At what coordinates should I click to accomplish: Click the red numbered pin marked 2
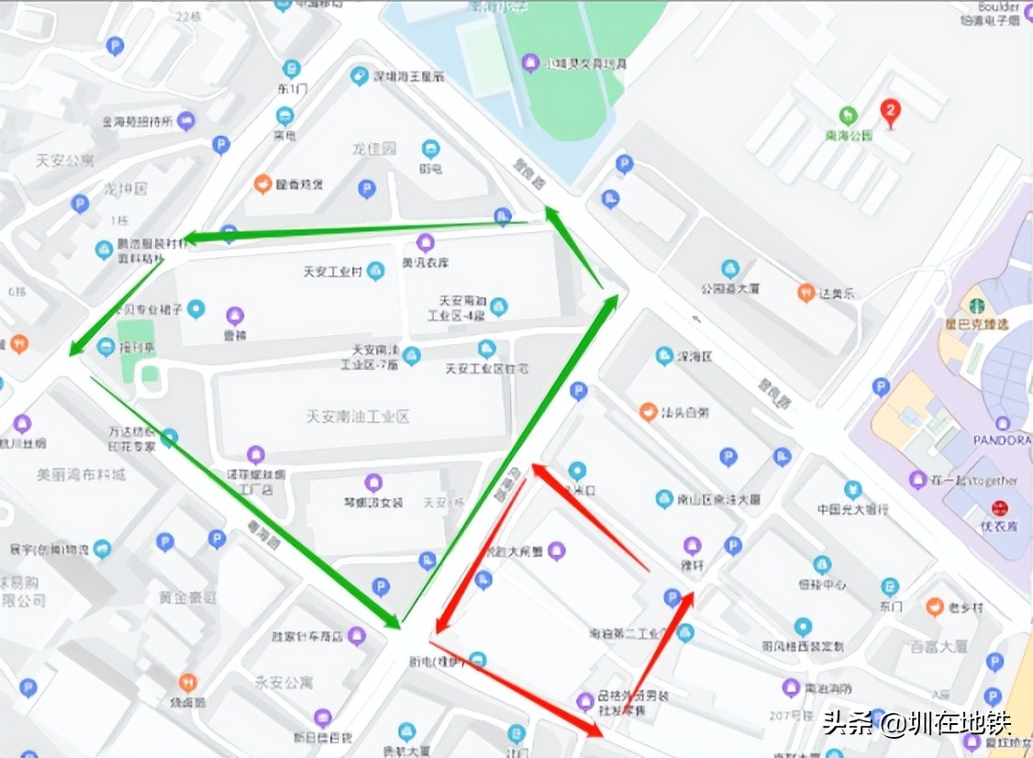click(889, 112)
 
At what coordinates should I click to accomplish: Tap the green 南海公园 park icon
click(849, 116)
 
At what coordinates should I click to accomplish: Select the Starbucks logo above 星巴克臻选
click(975, 304)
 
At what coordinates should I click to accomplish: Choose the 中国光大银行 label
click(852, 508)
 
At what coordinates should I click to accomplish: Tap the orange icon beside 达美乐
click(806, 293)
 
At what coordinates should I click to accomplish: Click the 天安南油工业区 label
click(358, 417)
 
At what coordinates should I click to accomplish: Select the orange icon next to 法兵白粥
click(648, 411)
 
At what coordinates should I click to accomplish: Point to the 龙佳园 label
click(374, 148)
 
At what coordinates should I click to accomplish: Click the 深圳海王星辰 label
click(409, 76)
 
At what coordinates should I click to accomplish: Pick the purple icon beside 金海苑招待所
click(186, 119)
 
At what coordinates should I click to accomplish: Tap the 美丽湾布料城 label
click(81, 474)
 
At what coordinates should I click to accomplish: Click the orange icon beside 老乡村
click(935, 606)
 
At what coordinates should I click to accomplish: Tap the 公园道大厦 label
click(730, 288)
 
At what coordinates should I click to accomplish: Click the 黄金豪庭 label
click(187, 597)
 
